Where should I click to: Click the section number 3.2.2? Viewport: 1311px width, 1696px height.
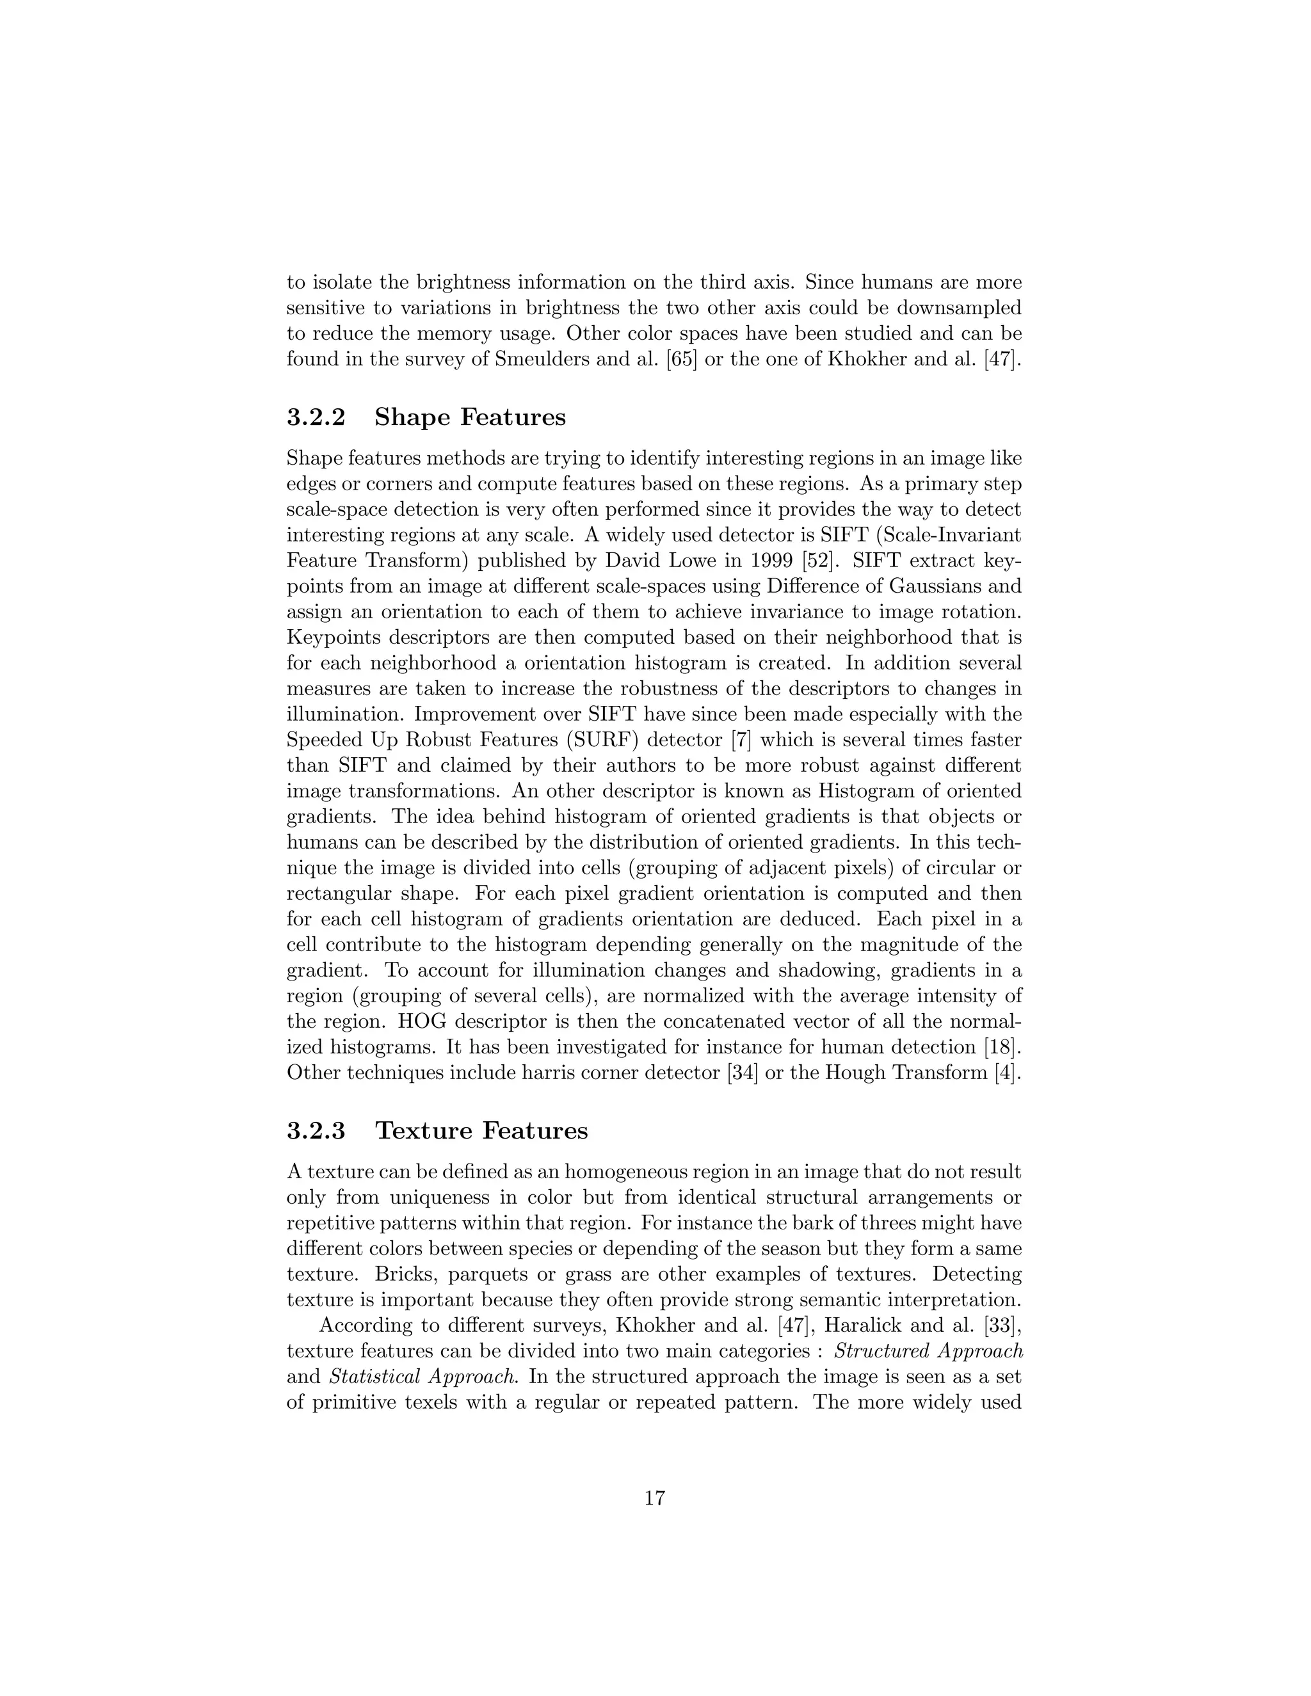click(x=316, y=417)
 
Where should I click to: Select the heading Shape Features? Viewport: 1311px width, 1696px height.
click(x=470, y=417)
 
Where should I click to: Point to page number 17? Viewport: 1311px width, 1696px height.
click(x=655, y=1498)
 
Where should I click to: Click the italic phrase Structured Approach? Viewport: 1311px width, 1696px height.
click(x=928, y=1351)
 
